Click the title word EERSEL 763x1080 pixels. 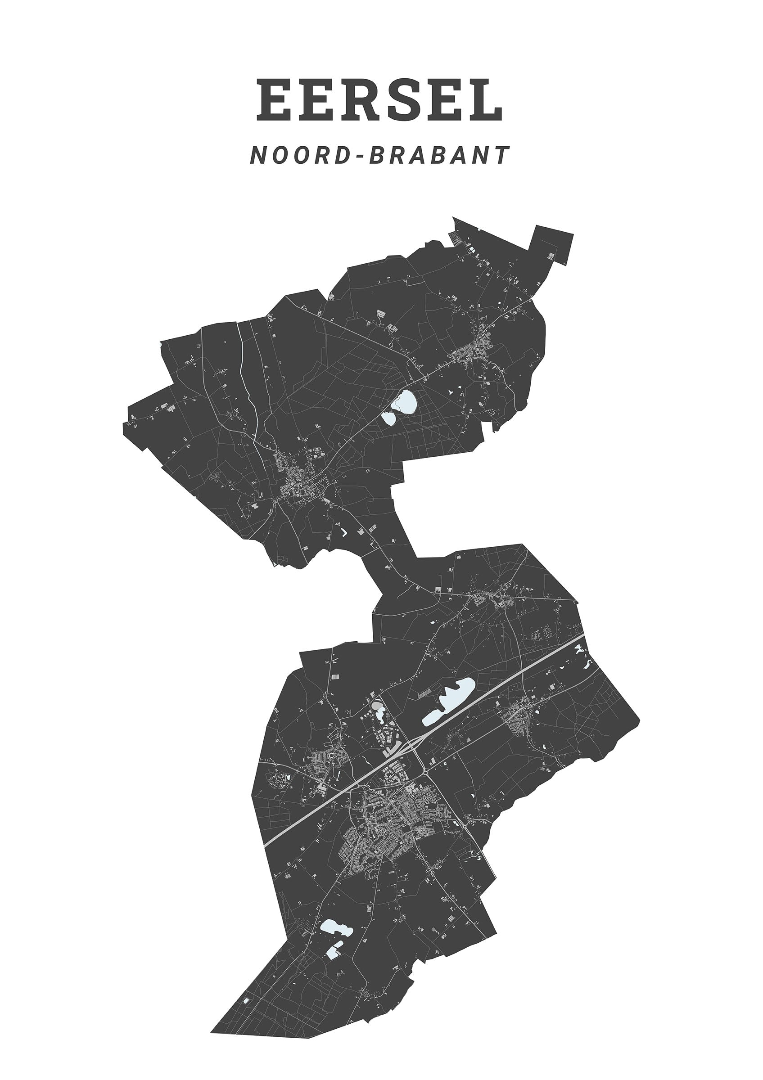tap(379, 100)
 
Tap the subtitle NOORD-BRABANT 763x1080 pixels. tap(379, 155)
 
